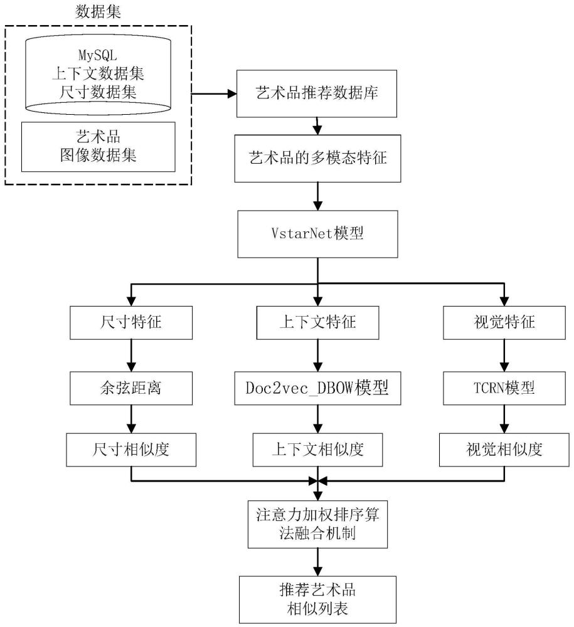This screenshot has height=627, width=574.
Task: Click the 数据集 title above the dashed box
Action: pos(98,11)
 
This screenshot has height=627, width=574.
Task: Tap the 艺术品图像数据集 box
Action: pos(98,146)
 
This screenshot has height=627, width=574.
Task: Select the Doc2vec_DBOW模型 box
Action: pos(317,388)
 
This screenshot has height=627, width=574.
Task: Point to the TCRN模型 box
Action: pos(504,388)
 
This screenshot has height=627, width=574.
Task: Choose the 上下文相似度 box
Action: pos(317,450)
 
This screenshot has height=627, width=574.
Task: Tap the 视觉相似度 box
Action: pos(504,450)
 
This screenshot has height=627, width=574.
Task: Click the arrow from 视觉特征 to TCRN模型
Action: pos(504,356)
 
